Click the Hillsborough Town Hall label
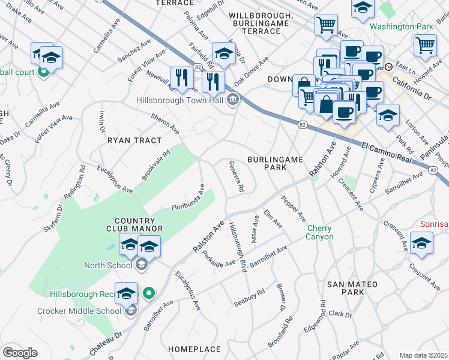click(x=182, y=100)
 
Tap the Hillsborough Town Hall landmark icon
click(x=233, y=100)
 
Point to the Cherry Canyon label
click(x=319, y=232)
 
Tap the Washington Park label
click(x=400, y=26)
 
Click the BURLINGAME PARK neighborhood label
click(x=276, y=163)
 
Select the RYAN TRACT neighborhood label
click(x=134, y=140)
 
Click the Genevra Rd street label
click(x=235, y=176)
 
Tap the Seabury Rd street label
click(x=249, y=298)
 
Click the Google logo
click(x=20, y=353)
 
